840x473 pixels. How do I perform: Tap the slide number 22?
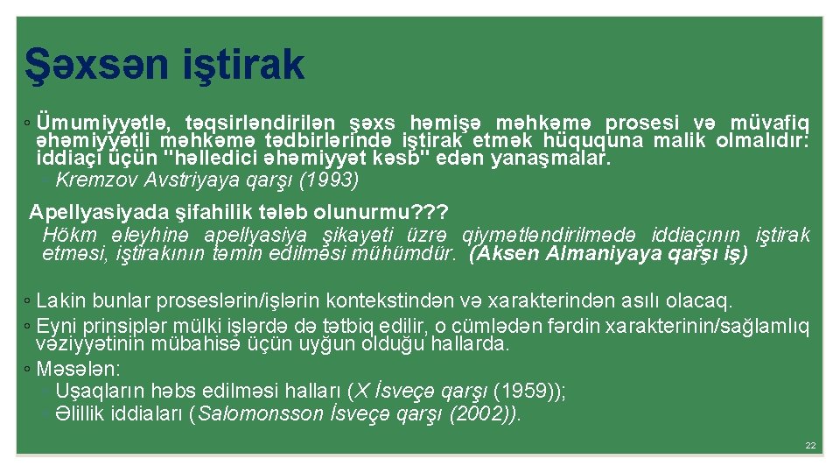point(810,446)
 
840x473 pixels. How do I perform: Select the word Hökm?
point(66,235)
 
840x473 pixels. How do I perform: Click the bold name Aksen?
point(507,254)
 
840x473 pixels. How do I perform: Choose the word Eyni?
point(55,327)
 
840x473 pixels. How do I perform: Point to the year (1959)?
point(526,391)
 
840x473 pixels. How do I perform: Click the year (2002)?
point(480,413)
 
